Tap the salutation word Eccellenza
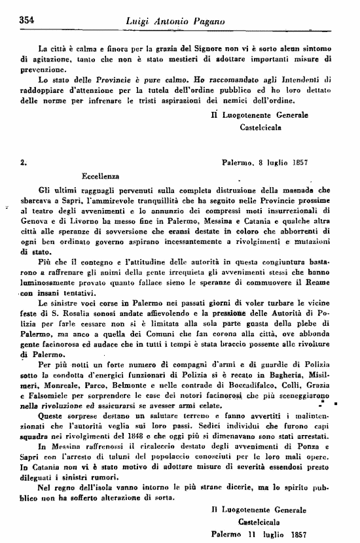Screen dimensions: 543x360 101,176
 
